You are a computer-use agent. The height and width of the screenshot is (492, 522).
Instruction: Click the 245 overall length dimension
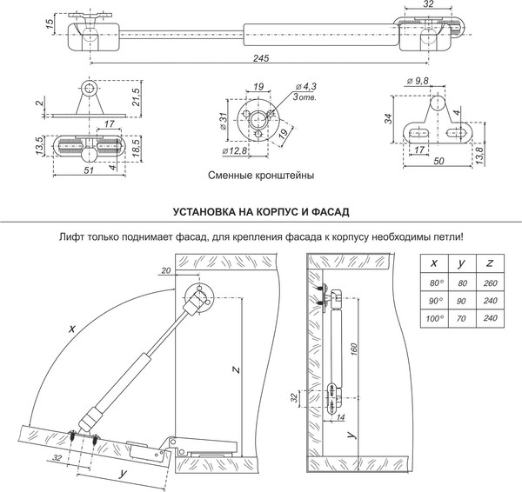(258, 58)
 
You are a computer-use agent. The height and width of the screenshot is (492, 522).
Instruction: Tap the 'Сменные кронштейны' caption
(260, 175)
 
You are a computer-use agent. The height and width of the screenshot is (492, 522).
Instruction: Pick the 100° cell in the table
(432, 319)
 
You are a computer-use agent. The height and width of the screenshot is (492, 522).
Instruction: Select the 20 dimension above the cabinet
(166, 270)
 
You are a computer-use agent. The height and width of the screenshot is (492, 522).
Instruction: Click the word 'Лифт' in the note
(73, 237)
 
